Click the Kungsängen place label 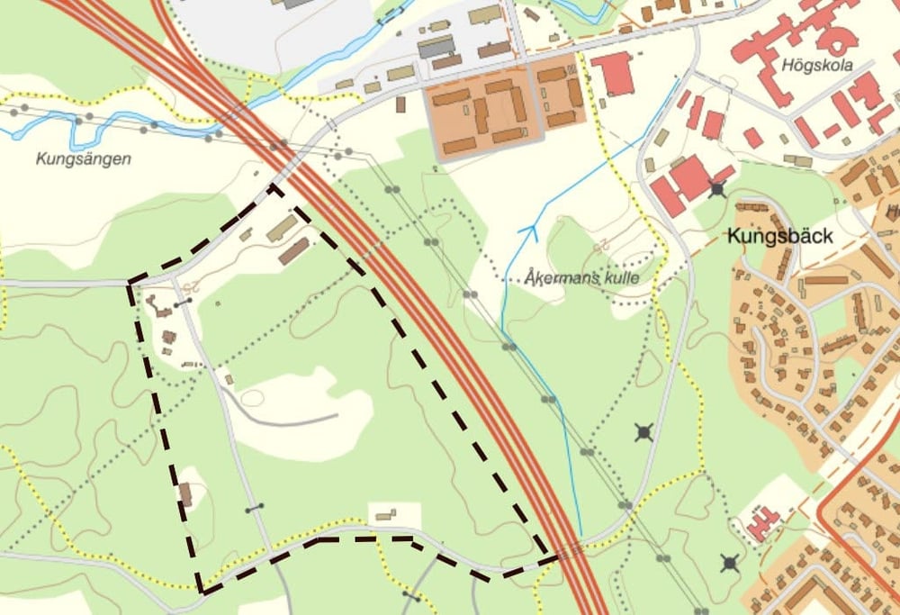[84, 159]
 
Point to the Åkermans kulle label [582, 278]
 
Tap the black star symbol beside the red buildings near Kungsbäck [717, 189]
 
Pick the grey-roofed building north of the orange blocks [436, 46]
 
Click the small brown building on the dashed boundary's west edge [185, 494]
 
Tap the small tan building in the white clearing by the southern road [386, 515]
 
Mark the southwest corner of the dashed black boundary [202, 592]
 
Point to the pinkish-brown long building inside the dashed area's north [293, 251]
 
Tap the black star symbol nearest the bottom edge [730, 564]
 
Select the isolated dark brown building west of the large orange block [400, 104]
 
